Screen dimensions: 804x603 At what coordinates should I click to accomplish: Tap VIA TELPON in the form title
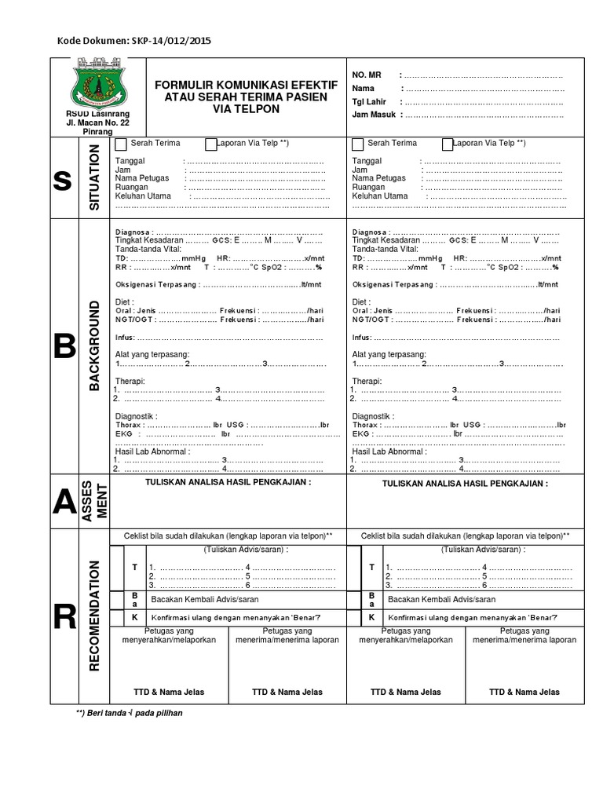point(247,108)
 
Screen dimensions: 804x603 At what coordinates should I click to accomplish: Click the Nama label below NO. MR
point(364,88)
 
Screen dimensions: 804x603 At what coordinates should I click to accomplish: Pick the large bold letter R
point(62,618)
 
